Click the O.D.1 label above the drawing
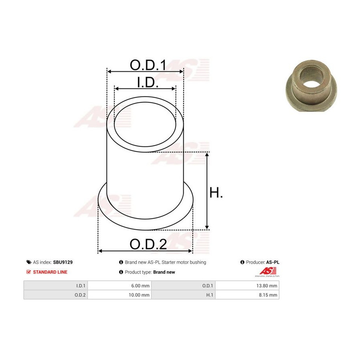(x=148, y=65)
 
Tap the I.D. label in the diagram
(x=148, y=82)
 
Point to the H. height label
(x=216, y=192)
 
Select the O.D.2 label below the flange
(x=148, y=244)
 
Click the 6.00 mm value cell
(x=119, y=286)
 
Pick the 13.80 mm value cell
(x=247, y=286)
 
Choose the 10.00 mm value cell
(x=119, y=295)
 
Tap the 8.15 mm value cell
(x=247, y=295)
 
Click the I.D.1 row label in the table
(x=56, y=286)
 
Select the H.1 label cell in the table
(x=183, y=295)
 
